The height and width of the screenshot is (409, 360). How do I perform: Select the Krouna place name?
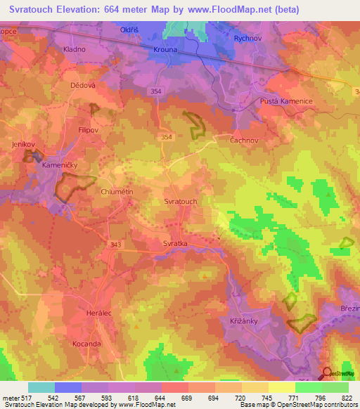pos(166,51)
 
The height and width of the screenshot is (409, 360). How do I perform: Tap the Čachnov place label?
pos(245,140)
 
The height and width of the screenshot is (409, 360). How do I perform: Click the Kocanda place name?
pos(88,344)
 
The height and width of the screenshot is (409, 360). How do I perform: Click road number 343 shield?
pos(117,244)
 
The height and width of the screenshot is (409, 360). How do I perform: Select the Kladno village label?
pos(74,49)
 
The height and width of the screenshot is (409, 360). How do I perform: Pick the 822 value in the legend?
pos(346,398)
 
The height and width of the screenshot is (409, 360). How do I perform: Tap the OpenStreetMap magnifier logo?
pos(327,372)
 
